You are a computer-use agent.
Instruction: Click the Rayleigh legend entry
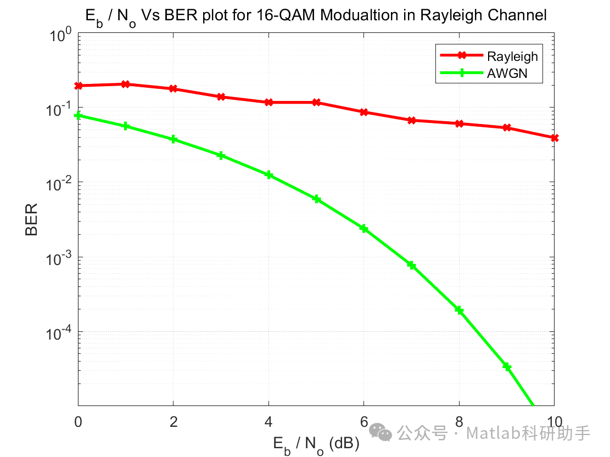pos(512,56)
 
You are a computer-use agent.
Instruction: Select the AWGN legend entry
pos(507,73)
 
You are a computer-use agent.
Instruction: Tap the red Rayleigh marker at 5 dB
pos(316,103)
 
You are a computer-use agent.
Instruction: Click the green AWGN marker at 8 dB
pos(459,311)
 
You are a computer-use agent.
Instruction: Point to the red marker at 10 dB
pos(554,138)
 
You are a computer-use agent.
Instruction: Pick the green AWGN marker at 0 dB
pos(78,115)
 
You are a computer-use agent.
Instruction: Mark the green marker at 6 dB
pos(363,228)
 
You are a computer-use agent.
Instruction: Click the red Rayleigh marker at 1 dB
pos(126,84)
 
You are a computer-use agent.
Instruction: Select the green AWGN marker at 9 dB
pos(507,366)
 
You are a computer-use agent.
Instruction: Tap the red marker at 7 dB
pos(411,120)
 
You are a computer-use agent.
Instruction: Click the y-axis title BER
pos(31,219)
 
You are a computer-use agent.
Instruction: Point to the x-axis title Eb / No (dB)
pos(316,444)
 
